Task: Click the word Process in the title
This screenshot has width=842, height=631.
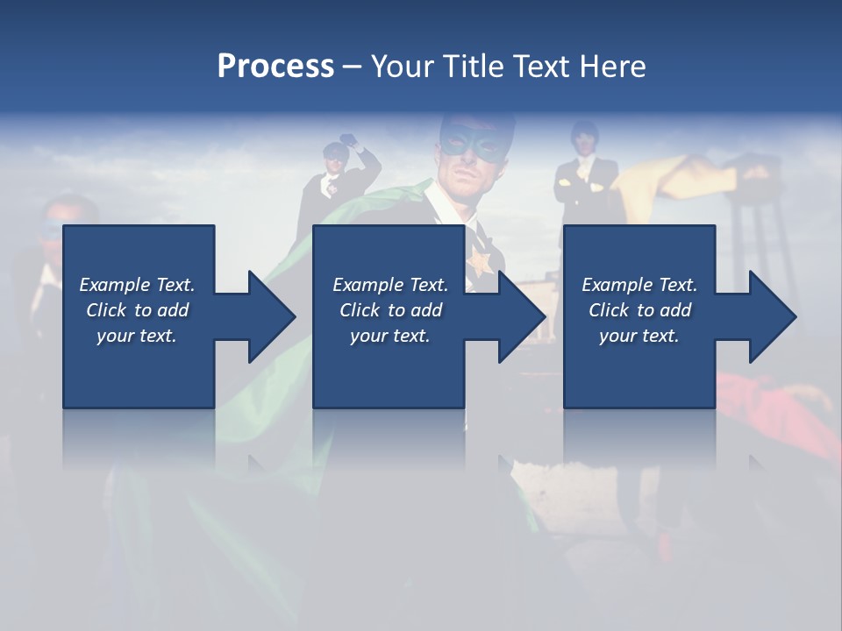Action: point(275,67)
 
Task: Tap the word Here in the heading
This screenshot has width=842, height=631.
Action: point(612,67)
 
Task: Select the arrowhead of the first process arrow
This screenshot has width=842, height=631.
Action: point(270,316)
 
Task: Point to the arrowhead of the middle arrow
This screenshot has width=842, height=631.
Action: point(521,316)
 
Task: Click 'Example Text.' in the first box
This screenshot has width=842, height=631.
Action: point(137,285)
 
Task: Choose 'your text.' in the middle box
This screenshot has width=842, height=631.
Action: point(389,336)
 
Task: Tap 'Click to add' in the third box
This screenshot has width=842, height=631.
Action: point(639,310)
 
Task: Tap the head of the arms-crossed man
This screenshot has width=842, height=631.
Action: point(583,137)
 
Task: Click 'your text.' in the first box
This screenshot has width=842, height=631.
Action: point(137,336)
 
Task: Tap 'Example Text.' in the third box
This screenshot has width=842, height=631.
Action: point(639,285)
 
